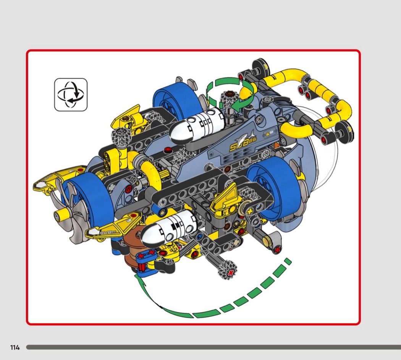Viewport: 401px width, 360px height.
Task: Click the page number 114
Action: (x=15, y=347)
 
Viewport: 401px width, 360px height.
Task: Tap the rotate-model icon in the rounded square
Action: (x=71, y=95)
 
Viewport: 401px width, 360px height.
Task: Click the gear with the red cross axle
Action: (x=228, y=270)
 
